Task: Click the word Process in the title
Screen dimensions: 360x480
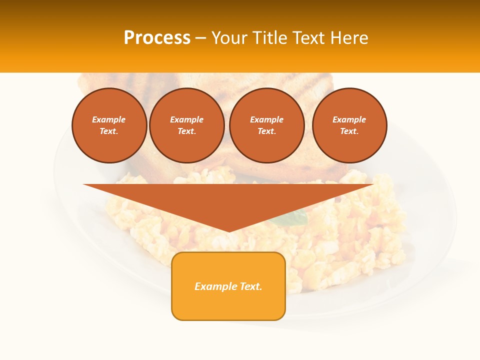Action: click(x=157, y=37)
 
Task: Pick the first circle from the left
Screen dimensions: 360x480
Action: click(x=109, y=125)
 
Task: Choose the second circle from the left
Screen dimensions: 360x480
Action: click(x=187, y=125)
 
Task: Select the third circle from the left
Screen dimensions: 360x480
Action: click(x=266, y=125)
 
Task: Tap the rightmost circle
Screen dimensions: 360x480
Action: click(x=349, y=125)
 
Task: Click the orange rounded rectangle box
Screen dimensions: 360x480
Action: click(x=228, y=286)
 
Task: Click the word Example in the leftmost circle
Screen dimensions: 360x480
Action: click(x=109, y=119)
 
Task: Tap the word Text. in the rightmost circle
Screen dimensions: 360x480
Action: click(x=349, y=131)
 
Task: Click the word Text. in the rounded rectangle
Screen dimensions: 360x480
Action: click(x=250, y=286)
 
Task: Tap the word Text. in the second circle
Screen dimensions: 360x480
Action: click(x=187, y=131)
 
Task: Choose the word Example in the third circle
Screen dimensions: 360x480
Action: click(x=266, y=119)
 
